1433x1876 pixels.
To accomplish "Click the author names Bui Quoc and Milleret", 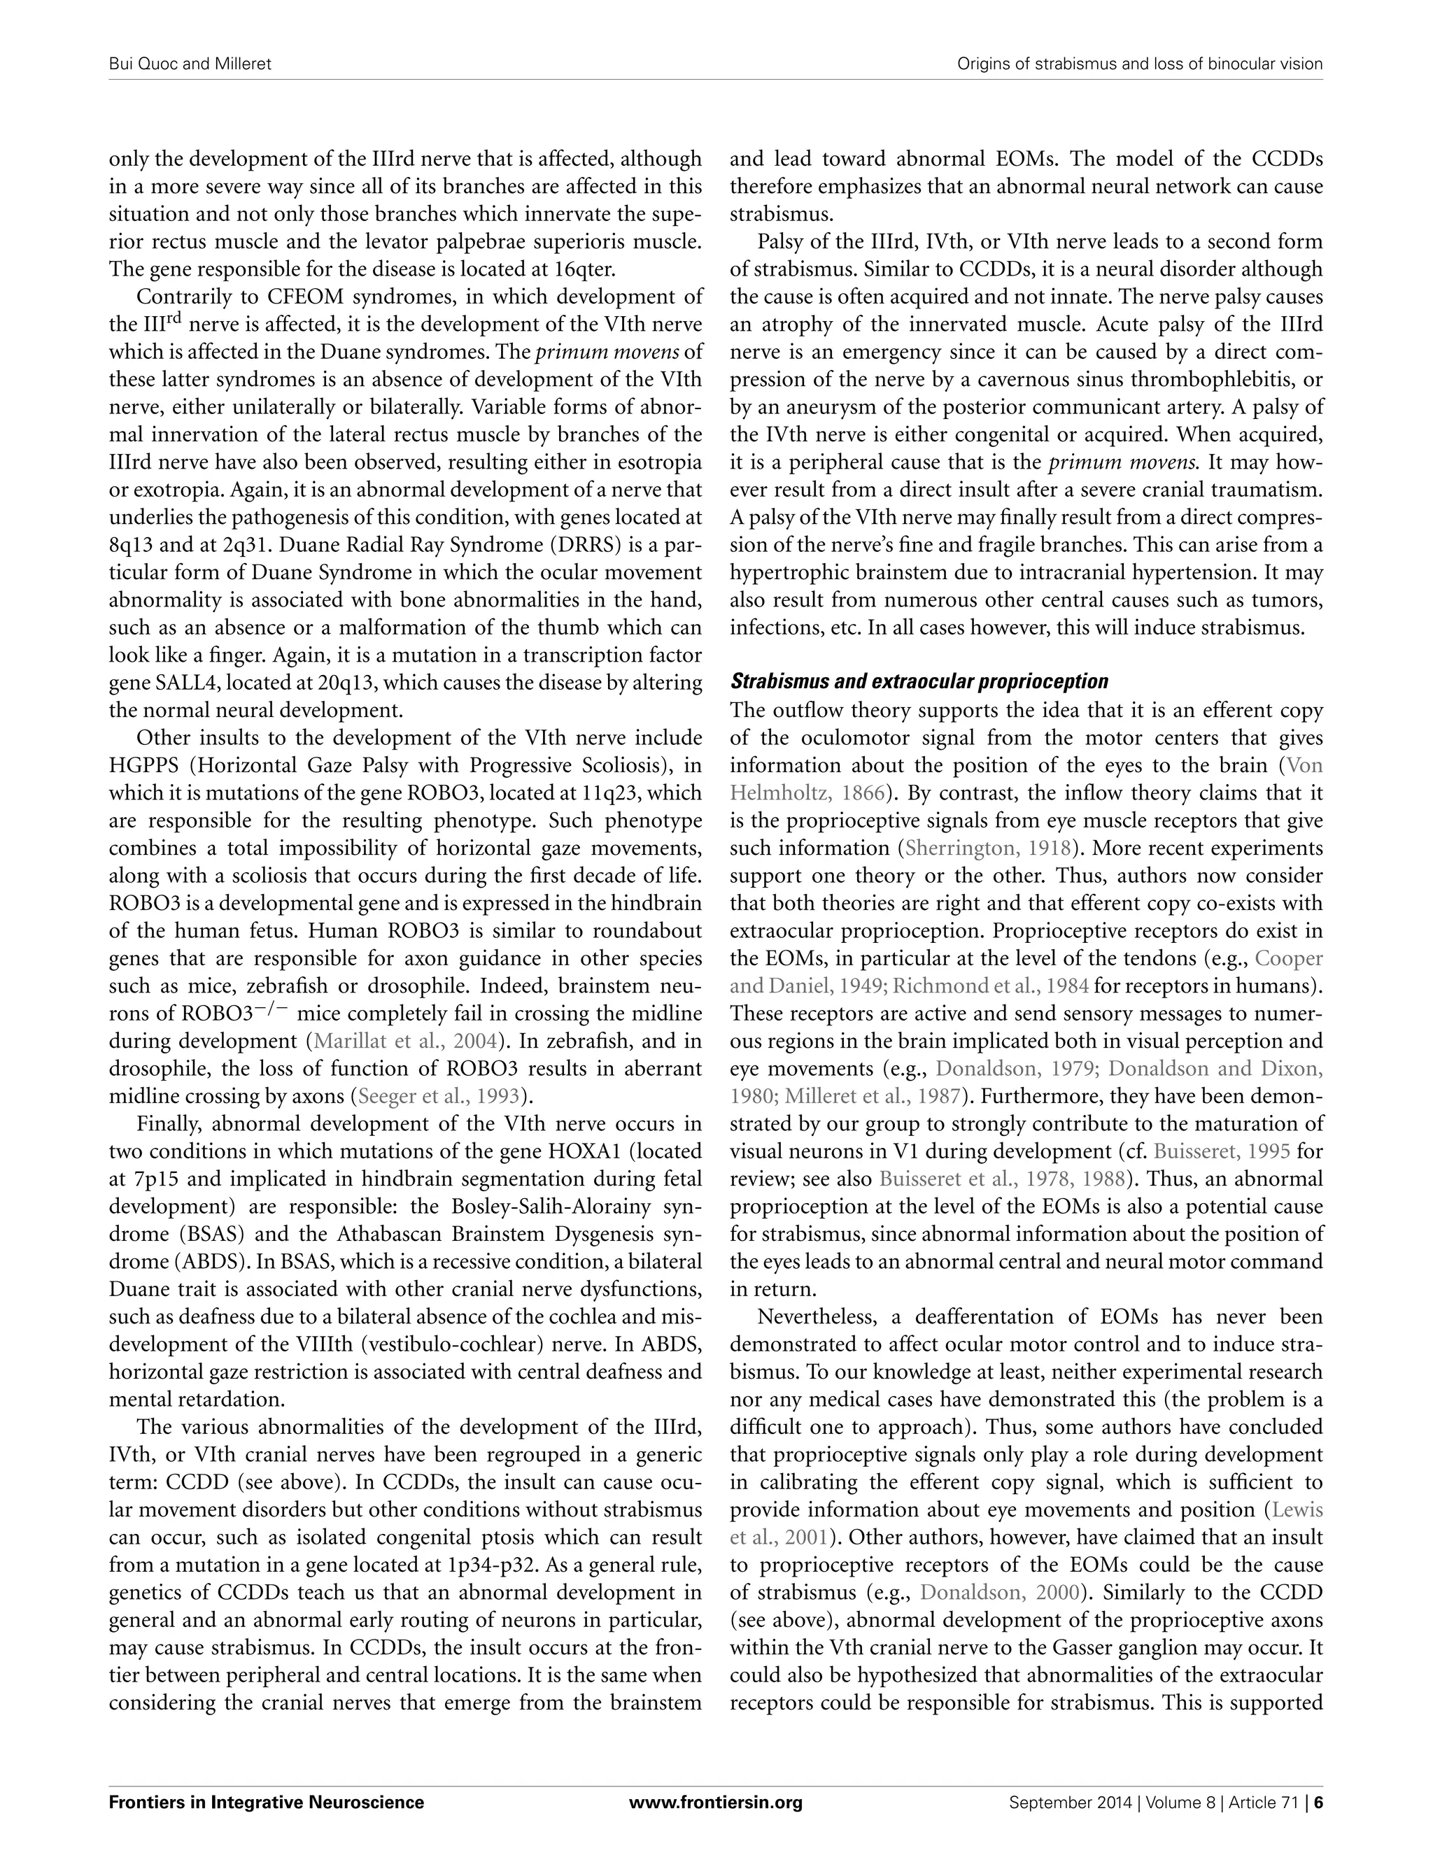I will point(190,64).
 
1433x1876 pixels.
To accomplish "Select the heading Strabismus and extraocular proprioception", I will point(919,681).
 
